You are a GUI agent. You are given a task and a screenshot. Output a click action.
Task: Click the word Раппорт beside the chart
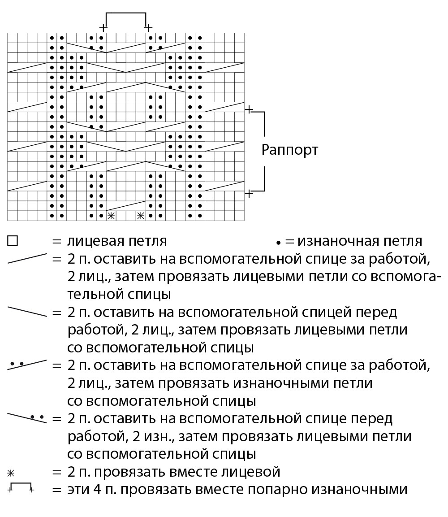point(289,149)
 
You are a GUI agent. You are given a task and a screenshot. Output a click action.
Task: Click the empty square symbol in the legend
point(13,241)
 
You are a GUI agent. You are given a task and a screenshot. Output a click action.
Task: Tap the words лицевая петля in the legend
point(117,241)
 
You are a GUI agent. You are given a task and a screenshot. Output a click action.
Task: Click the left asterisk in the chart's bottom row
point(111,216)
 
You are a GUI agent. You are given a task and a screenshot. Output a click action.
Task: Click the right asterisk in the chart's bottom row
point(140,216)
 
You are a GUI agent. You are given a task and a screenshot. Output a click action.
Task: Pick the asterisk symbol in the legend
point(10,472)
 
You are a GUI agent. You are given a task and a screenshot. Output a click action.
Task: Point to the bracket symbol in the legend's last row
point(21,487)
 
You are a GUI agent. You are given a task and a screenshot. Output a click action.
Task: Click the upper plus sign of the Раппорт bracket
point(250,109)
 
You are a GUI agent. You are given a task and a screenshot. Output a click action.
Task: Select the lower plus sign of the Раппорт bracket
point(250,193)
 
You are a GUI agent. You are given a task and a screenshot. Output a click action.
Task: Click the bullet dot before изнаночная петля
point(278,243)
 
